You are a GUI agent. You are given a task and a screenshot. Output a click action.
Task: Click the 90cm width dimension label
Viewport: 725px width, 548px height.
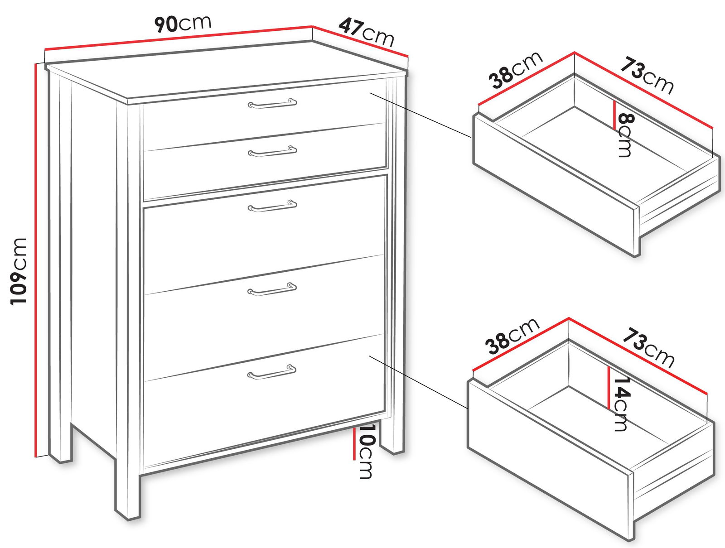point(183,24)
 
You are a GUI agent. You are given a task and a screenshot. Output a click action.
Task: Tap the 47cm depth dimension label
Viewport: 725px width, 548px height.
point(366,32)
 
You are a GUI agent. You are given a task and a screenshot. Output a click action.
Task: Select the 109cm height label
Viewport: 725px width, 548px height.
point(18,271)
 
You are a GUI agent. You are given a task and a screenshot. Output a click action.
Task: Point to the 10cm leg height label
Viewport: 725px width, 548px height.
point(366,451)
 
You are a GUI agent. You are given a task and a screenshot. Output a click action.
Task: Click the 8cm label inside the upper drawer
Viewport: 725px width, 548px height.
point(625,135)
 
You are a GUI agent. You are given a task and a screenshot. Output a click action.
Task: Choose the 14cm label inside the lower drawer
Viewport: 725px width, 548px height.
point(621,404)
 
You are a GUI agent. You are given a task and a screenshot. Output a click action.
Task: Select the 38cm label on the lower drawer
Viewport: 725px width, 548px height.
point(512,336)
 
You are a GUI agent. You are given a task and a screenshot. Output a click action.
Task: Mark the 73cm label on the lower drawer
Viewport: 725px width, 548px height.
point(648,348)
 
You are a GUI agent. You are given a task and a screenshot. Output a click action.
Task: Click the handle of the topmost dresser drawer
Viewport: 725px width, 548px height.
point(272,103)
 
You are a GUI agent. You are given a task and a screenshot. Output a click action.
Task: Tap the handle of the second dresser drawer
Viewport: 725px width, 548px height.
point(272,151)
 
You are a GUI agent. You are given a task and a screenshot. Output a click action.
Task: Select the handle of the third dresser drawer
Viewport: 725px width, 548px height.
point(272,206)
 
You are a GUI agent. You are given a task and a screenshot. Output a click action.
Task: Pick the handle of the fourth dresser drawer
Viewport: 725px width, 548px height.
point(272,289)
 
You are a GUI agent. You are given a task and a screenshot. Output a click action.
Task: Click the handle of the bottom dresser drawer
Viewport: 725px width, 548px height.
point(272,372)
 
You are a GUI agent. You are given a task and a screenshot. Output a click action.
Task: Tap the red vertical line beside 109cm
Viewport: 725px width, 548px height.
point(36,261)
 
